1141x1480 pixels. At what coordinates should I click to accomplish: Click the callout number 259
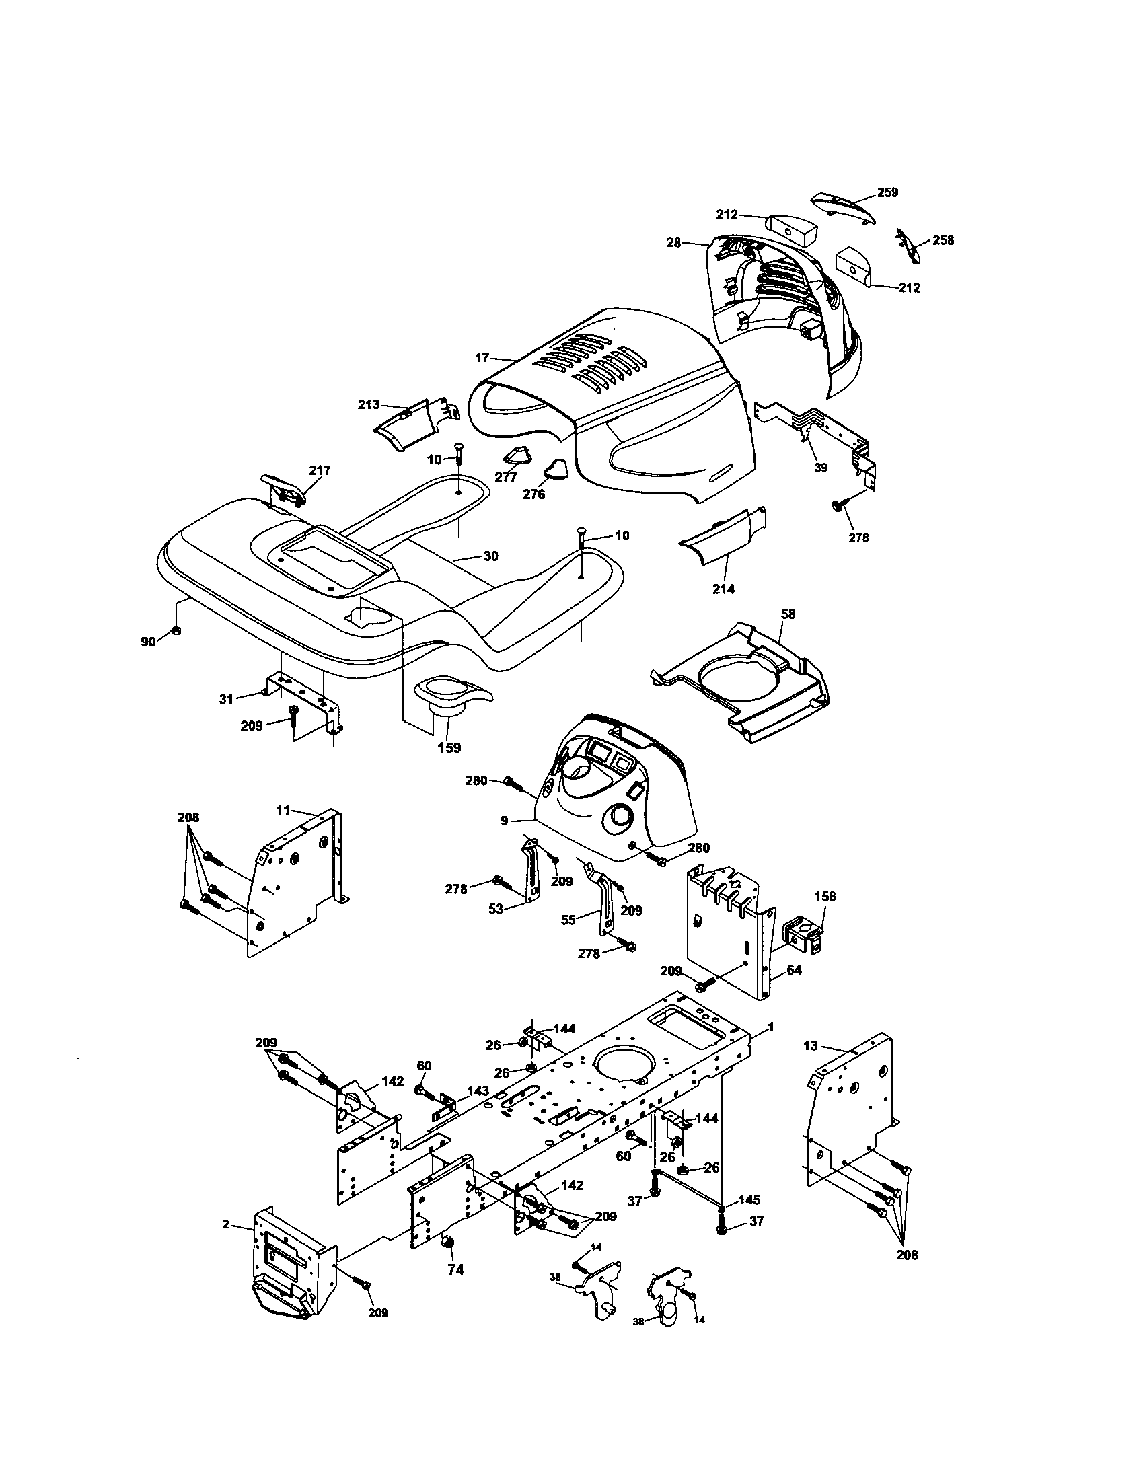pyautogui.click(x=887, y=192)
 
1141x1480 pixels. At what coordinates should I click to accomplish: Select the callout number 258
pyautogui.click(x=943, y=241)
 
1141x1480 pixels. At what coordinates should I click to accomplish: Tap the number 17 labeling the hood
pyautogui.click(x=482, y=357)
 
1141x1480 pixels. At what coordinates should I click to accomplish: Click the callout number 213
pyautogui.click(x=369, y=405)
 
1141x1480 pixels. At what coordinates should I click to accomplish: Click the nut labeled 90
pyautogui.click(x=176, y=631)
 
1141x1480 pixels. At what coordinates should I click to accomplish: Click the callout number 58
pyautogui.click(x=788, y=614)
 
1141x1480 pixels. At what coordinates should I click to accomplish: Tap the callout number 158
pyautogui.click(x=825, y=896)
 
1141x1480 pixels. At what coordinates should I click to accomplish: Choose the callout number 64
pyautogui.click(x=794, y=970)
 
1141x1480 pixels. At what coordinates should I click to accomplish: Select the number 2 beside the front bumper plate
pyautogui.click(x=225, y=1224)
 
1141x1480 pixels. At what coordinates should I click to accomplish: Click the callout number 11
pyautogui.click(x=283, y=809)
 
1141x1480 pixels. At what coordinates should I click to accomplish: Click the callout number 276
pyautogui.click(x=534, y=494)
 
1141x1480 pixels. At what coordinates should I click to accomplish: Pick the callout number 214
pyautogui.click(x=723, y=589)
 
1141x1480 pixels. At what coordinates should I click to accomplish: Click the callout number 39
pyautogui.click(x=821, y=468)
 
